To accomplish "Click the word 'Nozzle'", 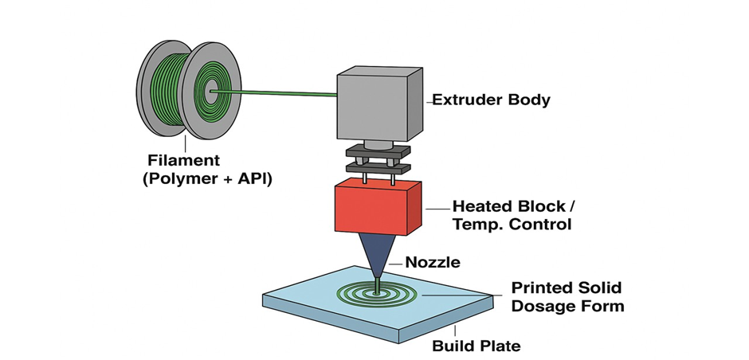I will [x=432, y=262].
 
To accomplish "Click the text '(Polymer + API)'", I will [x=207, y=179].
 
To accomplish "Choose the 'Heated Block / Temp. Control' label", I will [x=512, y=215].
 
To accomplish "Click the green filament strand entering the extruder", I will [x=279, y=94].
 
